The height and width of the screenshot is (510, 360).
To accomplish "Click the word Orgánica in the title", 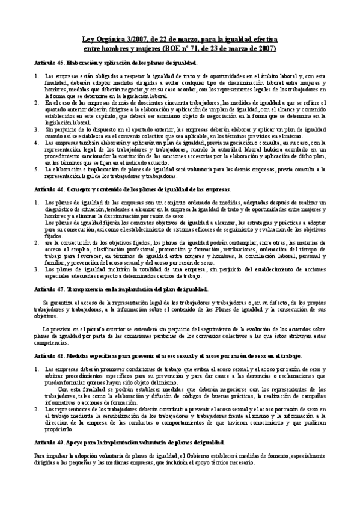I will pos(109,39).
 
